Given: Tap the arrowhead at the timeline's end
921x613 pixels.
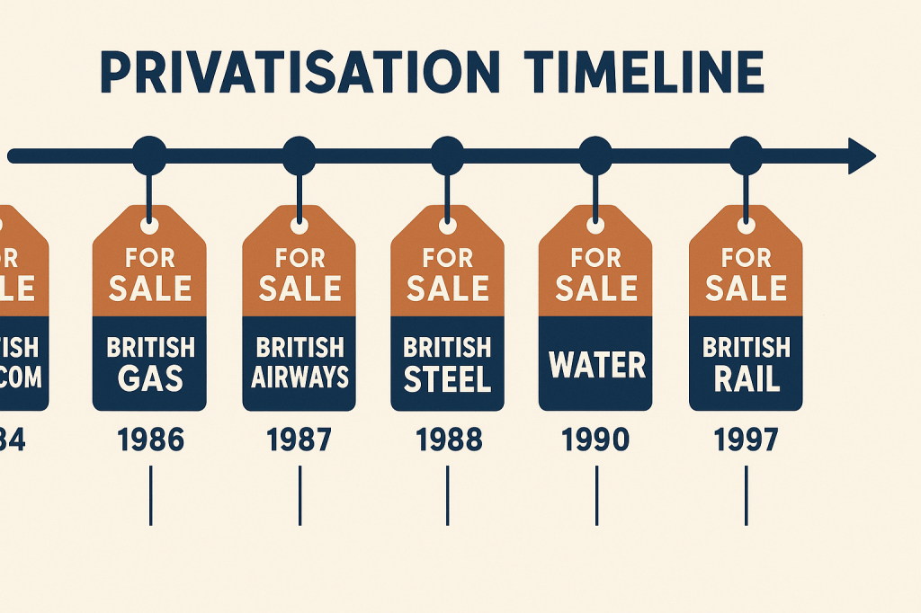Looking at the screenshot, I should click(862, 156).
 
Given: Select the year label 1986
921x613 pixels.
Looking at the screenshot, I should click(150, 440).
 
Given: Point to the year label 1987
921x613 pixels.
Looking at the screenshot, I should click(300, 440).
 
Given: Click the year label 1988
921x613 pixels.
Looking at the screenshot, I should click(447, 440).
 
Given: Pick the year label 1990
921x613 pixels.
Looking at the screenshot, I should click(595, 440).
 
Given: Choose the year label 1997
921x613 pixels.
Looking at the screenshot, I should click(746, 440).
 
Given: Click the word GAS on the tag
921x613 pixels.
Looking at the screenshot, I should click(150, 378).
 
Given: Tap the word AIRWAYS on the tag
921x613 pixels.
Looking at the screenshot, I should click(300, 377).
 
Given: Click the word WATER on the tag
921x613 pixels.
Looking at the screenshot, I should click(596, 365).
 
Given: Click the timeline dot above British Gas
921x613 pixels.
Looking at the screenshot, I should click(149, 156).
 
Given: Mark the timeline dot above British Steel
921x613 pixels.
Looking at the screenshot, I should click(447, 156).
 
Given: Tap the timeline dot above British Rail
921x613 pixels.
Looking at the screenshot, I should click(746, 156).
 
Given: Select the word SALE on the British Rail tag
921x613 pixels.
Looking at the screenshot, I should click(746, 288).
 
